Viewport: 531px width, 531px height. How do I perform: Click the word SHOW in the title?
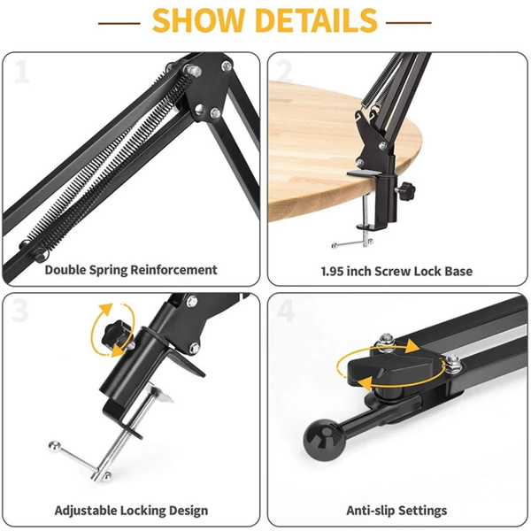[198, 20]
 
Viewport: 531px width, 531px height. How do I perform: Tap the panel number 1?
[22, 72]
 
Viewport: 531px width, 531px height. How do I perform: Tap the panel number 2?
[284, 72]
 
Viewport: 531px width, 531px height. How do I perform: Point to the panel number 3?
[20, 311]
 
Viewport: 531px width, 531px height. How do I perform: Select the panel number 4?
[286, 311]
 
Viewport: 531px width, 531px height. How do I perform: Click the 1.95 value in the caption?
[333, 272]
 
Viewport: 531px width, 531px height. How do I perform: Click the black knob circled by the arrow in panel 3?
[115, 335]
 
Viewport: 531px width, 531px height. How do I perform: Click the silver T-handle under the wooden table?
[352, 242]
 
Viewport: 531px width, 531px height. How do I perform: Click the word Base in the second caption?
[458, 272]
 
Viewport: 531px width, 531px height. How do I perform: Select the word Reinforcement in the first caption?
[173, 270]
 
